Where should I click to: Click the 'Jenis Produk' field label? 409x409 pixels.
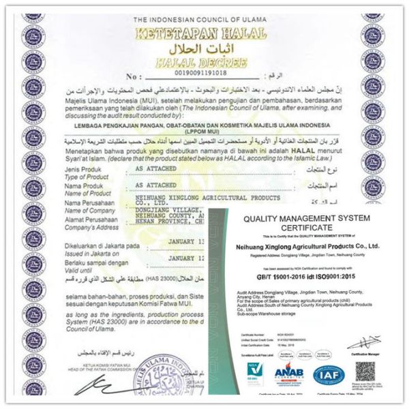click(x=82, y=168)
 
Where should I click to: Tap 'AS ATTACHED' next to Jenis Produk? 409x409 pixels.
click(x=157, y=168)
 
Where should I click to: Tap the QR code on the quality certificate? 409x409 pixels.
click(x=365, y=372)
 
